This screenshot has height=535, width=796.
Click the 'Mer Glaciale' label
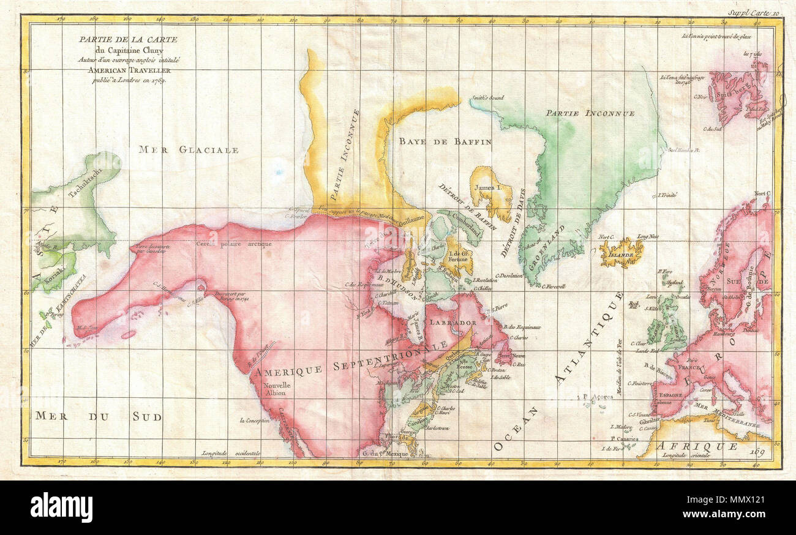click(188, 149)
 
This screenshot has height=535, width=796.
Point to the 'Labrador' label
click(453, 323)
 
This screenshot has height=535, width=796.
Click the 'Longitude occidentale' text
click(230, 454)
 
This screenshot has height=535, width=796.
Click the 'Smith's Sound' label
click(487, 97)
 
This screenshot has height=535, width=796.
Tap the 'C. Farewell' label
click(554, 286)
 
